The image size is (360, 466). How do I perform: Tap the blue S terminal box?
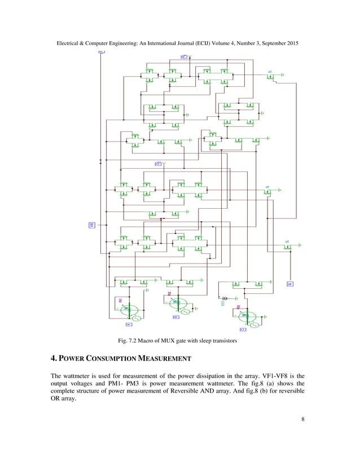(x=290, y=284)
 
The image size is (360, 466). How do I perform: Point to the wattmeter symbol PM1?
(x=129, y=310)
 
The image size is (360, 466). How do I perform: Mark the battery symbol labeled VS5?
(x=224, y=298)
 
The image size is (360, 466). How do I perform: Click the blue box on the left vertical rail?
(x=91, y=225)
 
